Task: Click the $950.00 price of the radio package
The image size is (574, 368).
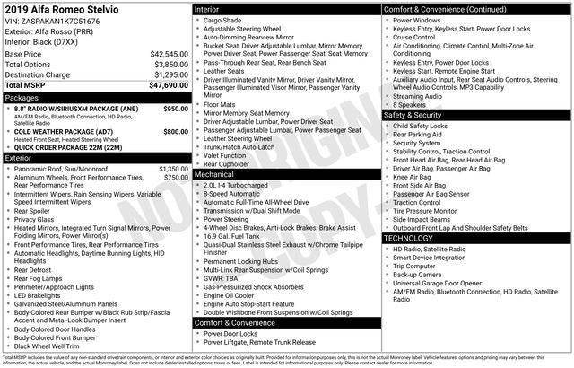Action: (x=176, y=108)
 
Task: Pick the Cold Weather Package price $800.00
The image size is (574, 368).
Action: (x=176, y=131)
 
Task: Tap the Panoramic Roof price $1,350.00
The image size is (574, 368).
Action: (x=174, y=168)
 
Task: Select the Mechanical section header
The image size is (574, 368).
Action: (x=219, y=174)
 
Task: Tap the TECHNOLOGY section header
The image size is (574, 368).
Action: (x=409, y=239)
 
